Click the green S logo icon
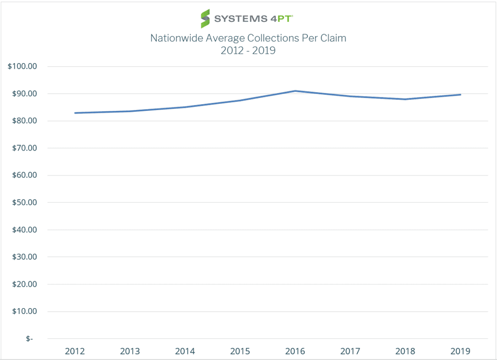coord(205,19)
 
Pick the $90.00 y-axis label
coord(25,94)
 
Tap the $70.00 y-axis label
coord(25,148)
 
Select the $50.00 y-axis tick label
coord(25,202)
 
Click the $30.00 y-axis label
coord(25,257)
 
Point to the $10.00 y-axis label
coord(25,311)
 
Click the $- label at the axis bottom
coord(29,339)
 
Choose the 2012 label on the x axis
coord(75,351)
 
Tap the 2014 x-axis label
coord(185,351)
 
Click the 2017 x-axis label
coord(350,351)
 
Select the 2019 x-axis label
coord(460,351)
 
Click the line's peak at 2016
coord(296,91)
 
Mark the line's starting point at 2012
coord(75,113)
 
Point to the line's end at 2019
coord(460,95)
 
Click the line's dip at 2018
coord(406,99)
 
